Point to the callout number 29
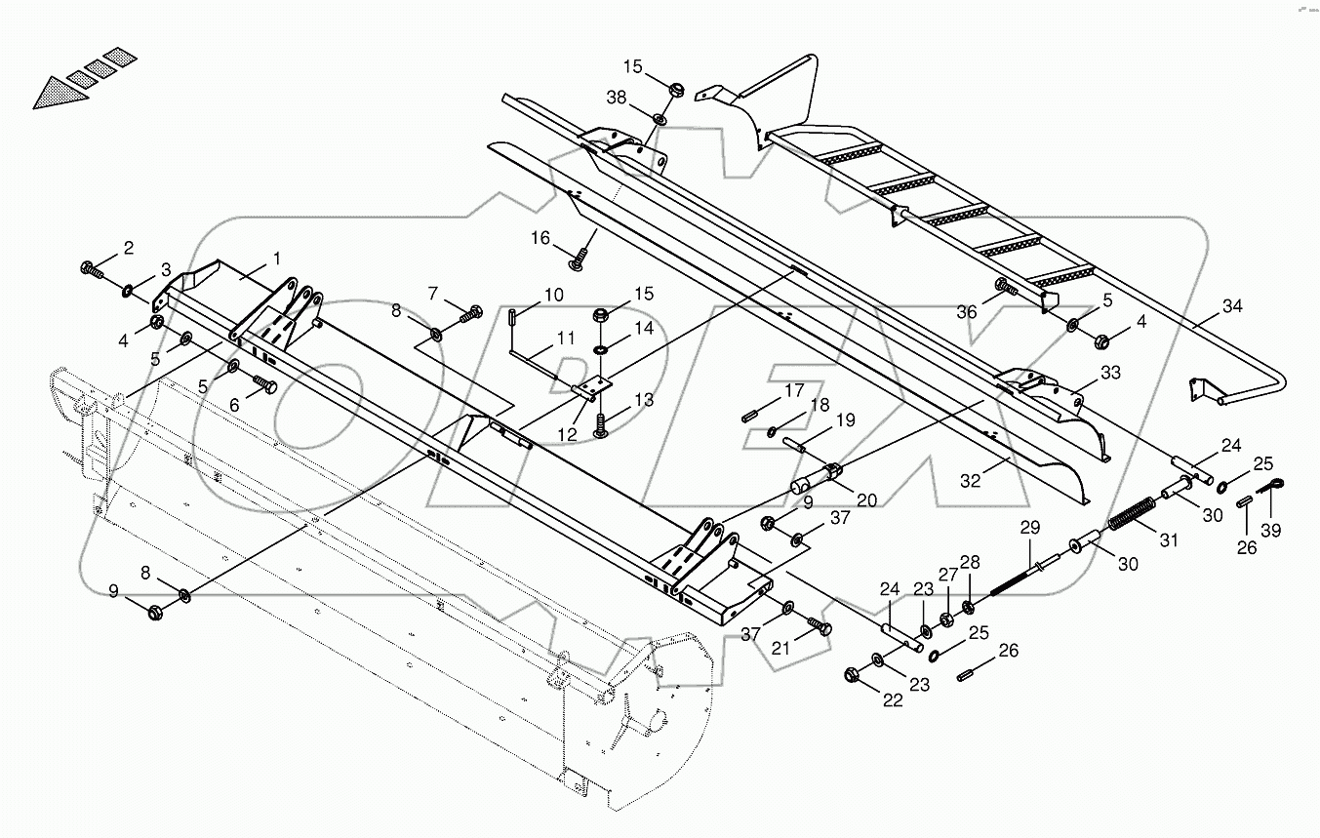[x=1030, y=528]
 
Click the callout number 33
[x=1110, y=372]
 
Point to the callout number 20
[x=866, y=499]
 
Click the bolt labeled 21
[x=819, y=628]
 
